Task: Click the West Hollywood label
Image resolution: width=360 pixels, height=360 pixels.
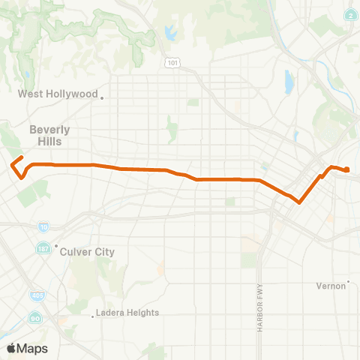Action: coord(58,94)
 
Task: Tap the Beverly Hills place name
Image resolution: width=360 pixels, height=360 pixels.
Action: coord(49,135)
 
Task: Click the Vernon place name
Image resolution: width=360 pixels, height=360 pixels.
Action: coord(331,286)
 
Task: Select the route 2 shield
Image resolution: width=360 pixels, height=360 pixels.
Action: coord(351,15)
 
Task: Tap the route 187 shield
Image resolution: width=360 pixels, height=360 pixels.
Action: coord(41,247)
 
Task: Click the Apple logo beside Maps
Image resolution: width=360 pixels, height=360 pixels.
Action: coord(11,349)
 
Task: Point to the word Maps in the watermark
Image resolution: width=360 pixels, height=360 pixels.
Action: coord(33,349)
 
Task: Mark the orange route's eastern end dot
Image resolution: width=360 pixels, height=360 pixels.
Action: coord(348,170)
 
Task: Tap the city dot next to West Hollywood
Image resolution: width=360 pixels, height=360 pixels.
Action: coord(102,97)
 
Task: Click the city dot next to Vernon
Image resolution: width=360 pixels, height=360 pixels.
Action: coord(349,283)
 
